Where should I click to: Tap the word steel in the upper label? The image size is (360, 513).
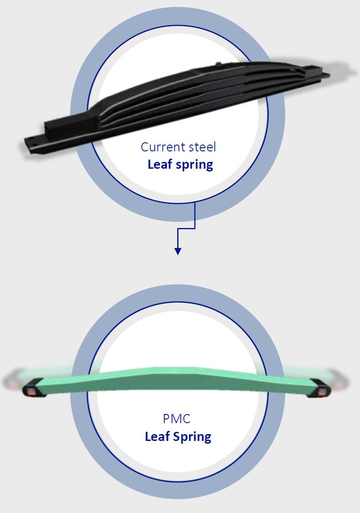coord(201,147)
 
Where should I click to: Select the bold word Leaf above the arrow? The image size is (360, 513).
coord(160,164)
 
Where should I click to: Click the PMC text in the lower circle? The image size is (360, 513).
coord(178,419)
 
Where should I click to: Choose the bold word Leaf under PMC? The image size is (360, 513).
coord(157,436)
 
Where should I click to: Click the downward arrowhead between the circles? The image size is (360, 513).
coord(178,251)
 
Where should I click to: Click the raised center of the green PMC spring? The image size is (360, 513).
coord(178,374)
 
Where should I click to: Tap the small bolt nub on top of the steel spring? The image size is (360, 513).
coord(219,63)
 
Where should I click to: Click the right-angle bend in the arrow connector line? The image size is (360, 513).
coord(195,228)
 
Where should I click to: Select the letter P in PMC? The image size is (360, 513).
coord(167,419)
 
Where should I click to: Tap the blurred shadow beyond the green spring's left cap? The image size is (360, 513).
coord(11,381)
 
